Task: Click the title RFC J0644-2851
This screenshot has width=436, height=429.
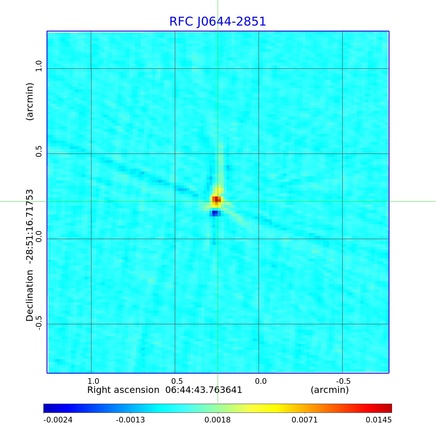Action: pyautogui.click(x=218, y=22)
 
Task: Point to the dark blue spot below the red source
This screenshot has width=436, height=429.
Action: pyautogui.click(x=215, y=212)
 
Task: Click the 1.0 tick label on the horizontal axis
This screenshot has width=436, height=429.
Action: pyautogui.click(x=93, y=381)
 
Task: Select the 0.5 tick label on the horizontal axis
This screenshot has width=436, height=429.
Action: pyautogui.click(x=177, y=381)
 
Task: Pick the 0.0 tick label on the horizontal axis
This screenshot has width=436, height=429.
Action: pyautogui.click(x=261, y=381)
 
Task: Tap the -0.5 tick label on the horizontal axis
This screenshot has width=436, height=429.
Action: pyautogui.click(x=343, y=381)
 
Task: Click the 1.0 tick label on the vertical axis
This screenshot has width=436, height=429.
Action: pyautogui.click(x=39, y=66)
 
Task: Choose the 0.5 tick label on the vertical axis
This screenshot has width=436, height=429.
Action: pyautogui.click(x=39, y=151)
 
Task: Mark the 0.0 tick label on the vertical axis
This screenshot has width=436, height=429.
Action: pyautogui.click(x=39, y=236)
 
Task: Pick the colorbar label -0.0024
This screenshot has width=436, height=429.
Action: pyautogui.click(x=58, y=420)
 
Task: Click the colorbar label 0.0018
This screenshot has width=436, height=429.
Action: pyautogui.click(x=218, y=420)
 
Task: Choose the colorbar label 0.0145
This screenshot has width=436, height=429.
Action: pyautogui.click(x=379, y=420)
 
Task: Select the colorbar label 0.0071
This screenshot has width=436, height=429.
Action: pyautogui.click(x=305, y=420)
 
